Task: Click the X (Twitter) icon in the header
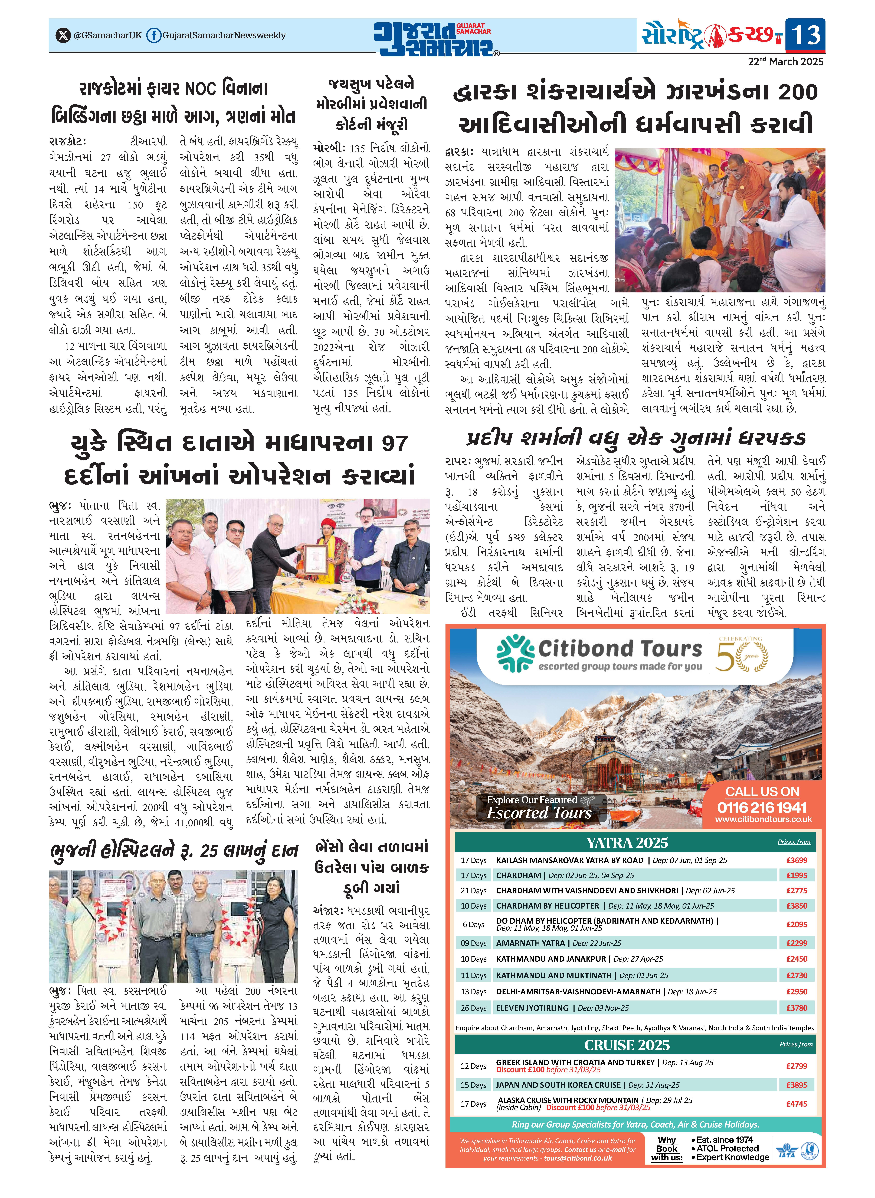[63, 35]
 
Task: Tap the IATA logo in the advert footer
[786, 1150]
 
